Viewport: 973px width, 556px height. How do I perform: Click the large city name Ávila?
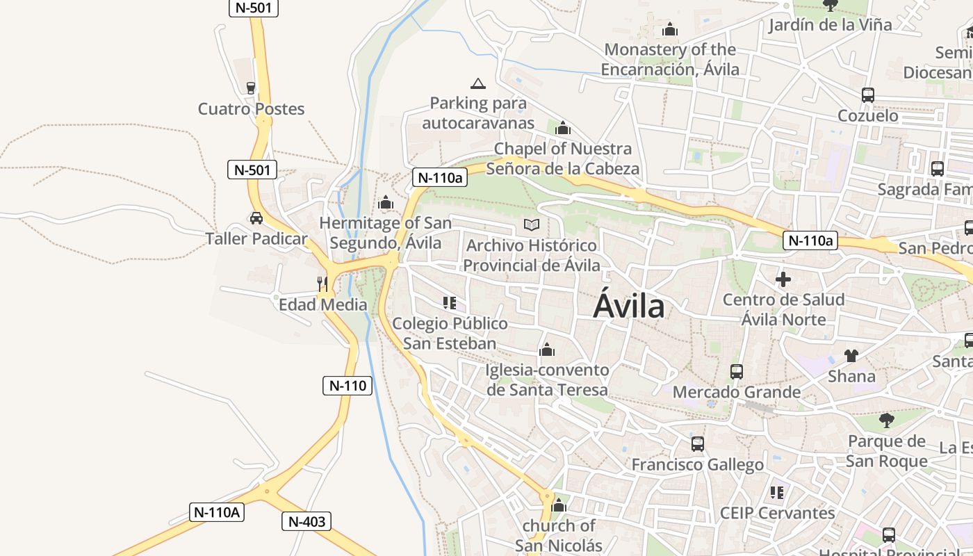(x=628, y=305)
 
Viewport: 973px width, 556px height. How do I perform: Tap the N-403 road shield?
(x=306, y=521)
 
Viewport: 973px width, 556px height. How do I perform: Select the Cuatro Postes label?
(x=251, y=109)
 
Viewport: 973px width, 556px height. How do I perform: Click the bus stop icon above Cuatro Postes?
(x=251, y=88)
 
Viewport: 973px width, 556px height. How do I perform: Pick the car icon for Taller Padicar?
(x=256, y=218)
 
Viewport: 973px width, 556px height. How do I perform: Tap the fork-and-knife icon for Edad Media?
(x=322, y=284)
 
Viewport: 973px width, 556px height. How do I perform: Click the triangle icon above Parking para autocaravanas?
(x=477, y=84)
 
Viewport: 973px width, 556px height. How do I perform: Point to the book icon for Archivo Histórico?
(x=532, y=225)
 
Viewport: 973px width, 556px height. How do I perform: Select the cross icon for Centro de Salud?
(x=783, y=279)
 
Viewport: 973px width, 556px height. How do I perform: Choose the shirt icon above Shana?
(x=851, y=356)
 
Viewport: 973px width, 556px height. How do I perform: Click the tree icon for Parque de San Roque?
(x=886, y=420)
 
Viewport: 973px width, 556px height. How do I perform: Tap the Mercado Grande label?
(x=737, y=392)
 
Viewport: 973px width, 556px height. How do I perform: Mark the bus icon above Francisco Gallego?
(x=697, y=443)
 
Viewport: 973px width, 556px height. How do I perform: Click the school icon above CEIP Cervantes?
(x=776, y=493)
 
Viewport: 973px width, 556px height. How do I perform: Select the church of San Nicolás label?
(x=559, y=535)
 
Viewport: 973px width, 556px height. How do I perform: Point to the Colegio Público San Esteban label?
(x=450, y=334)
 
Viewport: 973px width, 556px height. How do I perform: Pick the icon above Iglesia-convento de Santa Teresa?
(x=547, y=350)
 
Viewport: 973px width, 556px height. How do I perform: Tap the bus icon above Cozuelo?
(x=867, y=95)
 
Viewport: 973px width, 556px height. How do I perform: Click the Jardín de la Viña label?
(x=830, y=25)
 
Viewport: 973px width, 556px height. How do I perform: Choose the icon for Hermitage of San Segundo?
(x=385, y=203)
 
